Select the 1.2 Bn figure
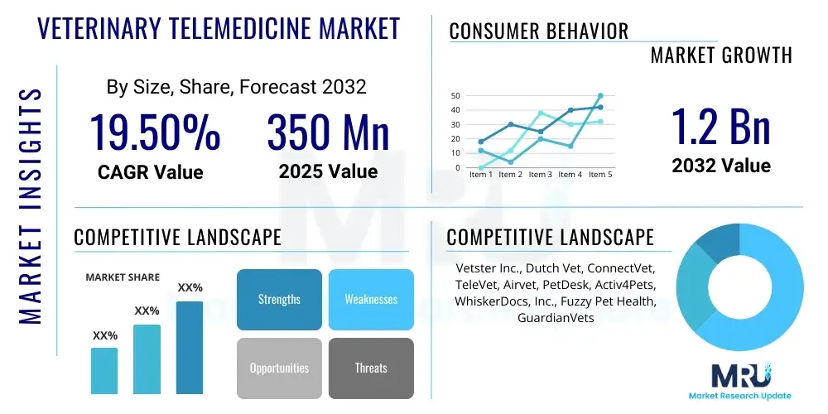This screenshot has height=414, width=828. tap(720, 126)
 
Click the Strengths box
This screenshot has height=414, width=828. tap(279, 299)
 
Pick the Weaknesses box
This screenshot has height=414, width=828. tap(371, 299)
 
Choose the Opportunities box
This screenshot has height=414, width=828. tap(279, 368)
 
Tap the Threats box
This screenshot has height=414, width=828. tap(371, 368)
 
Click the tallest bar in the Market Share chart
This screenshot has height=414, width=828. tap(189, 347)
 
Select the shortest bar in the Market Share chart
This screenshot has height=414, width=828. tap(104, 370)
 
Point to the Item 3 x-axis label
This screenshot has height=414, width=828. tap(540, 175)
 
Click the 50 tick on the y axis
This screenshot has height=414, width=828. tap(455, 96)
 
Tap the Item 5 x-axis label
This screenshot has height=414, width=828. tap(599, 175)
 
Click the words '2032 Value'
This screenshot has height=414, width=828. tap(720, 166)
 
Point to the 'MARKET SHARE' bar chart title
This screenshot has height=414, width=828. tap(123, 277)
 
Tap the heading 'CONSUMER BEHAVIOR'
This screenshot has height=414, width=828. tap(538, 31)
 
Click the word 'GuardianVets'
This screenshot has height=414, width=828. tap(556, 317)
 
